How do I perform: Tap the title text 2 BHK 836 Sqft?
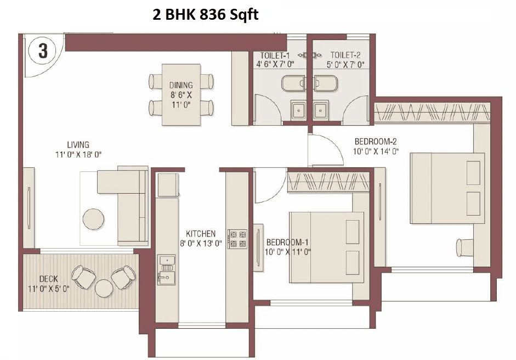(x=205, y=14)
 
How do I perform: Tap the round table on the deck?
(x=104, y=288)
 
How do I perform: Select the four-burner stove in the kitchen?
(x=237, y=239)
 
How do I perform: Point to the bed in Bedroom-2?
(x=447, y=188)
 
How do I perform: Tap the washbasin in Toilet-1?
(x=298, y=109)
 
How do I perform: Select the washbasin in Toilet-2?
(x=320, y=109)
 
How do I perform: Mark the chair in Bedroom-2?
(x=466, y=247)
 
